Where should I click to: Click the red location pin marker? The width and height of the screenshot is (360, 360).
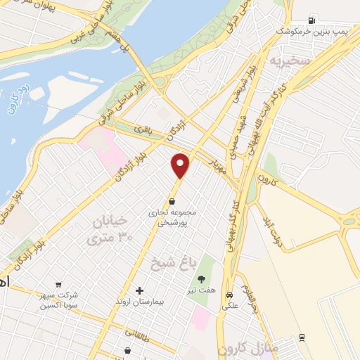tap(181, 165)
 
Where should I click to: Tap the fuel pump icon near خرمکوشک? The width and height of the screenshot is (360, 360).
tap(311, 19)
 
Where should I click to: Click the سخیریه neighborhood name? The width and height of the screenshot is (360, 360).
tap(288, 60)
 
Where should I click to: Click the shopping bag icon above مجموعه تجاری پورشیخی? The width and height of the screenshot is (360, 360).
tap(172, 201)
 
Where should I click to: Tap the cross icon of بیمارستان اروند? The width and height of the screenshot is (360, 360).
tap(139, 290)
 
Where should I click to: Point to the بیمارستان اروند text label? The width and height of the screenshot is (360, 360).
tap(139, 301)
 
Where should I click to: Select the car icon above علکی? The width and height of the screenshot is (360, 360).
tap(230, 295)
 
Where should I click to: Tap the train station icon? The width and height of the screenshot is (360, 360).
tap(302, 337)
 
